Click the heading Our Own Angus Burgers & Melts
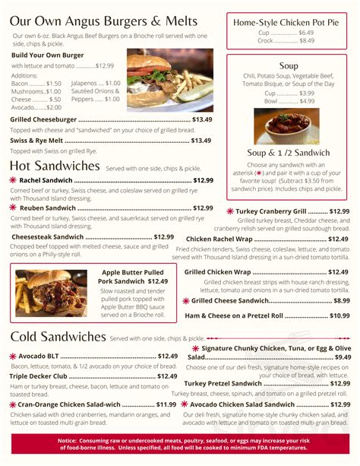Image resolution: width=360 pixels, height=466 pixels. click(104, 21)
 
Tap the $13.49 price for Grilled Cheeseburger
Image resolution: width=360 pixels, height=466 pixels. click(201, 119)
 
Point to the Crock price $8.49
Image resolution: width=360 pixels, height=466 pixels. click(306, 41)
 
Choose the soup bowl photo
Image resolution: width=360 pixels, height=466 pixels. click(286, 126)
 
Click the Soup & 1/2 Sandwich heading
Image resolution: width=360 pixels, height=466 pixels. click(288, 152)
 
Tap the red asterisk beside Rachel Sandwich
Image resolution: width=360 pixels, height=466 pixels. click(13, 180)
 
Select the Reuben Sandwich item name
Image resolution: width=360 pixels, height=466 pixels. click(48, 208)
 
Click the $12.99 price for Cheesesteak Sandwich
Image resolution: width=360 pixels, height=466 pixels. click(163, 236)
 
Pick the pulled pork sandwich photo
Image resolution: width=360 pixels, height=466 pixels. click(51, 293)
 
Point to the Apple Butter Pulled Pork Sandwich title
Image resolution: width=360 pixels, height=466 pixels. click(132, 276)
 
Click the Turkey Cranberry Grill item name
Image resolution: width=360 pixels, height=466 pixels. click(270, 211)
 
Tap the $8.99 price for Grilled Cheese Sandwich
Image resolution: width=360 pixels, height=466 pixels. click(341, 300)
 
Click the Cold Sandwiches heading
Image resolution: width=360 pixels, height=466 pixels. click(58, 336)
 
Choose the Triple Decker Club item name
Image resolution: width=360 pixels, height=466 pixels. click(39, 376)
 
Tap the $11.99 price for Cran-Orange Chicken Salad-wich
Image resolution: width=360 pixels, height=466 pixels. click(166, 404)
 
